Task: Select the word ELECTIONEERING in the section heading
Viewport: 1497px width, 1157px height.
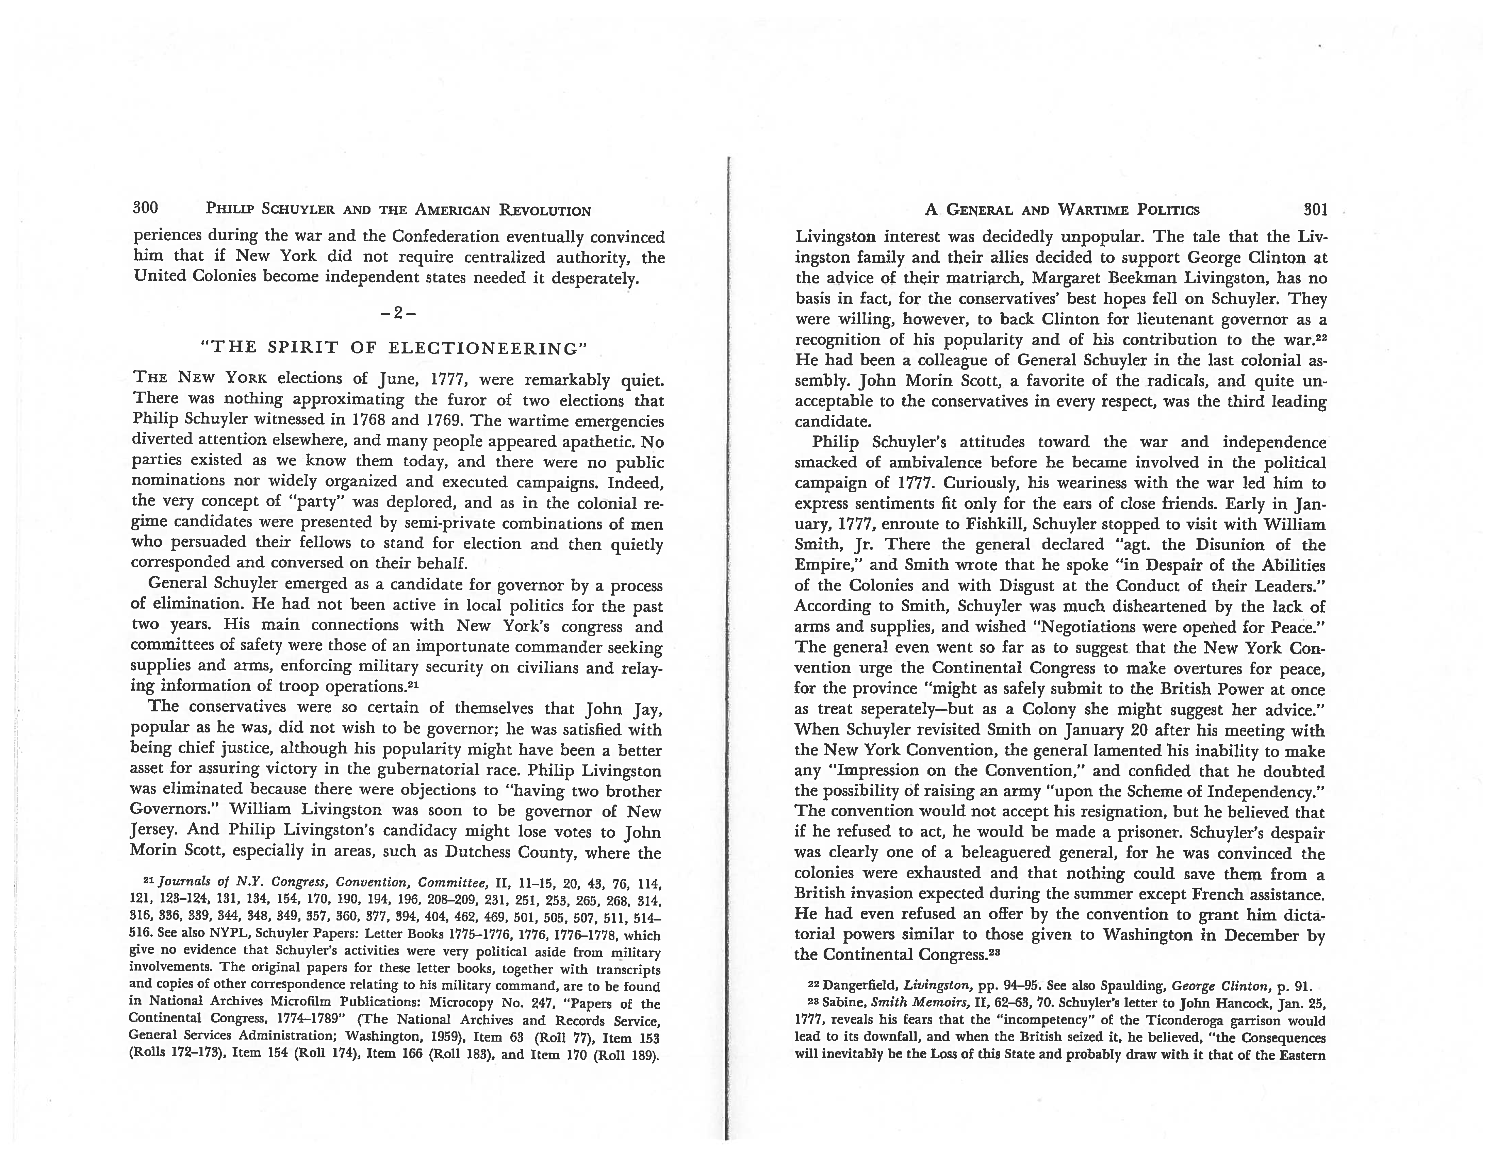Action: pos(488,348)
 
